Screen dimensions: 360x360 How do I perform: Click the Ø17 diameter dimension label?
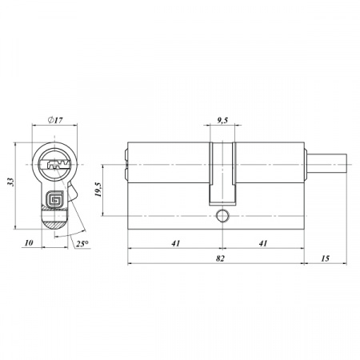pos(55,120)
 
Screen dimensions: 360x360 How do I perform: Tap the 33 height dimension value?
pos(10,182)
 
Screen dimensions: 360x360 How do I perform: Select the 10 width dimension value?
pos(29,242)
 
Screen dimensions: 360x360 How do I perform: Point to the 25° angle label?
pos(82,244)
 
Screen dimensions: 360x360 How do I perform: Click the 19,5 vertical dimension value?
pos(98,190)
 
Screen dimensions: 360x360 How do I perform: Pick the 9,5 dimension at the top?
pos(222,121)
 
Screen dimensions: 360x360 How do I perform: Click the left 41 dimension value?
pos(176,243)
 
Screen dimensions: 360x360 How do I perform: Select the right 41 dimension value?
pos(263,243)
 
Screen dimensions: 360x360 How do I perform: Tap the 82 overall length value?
pos(220,258)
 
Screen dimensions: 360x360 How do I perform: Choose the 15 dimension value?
pos(326,258)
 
